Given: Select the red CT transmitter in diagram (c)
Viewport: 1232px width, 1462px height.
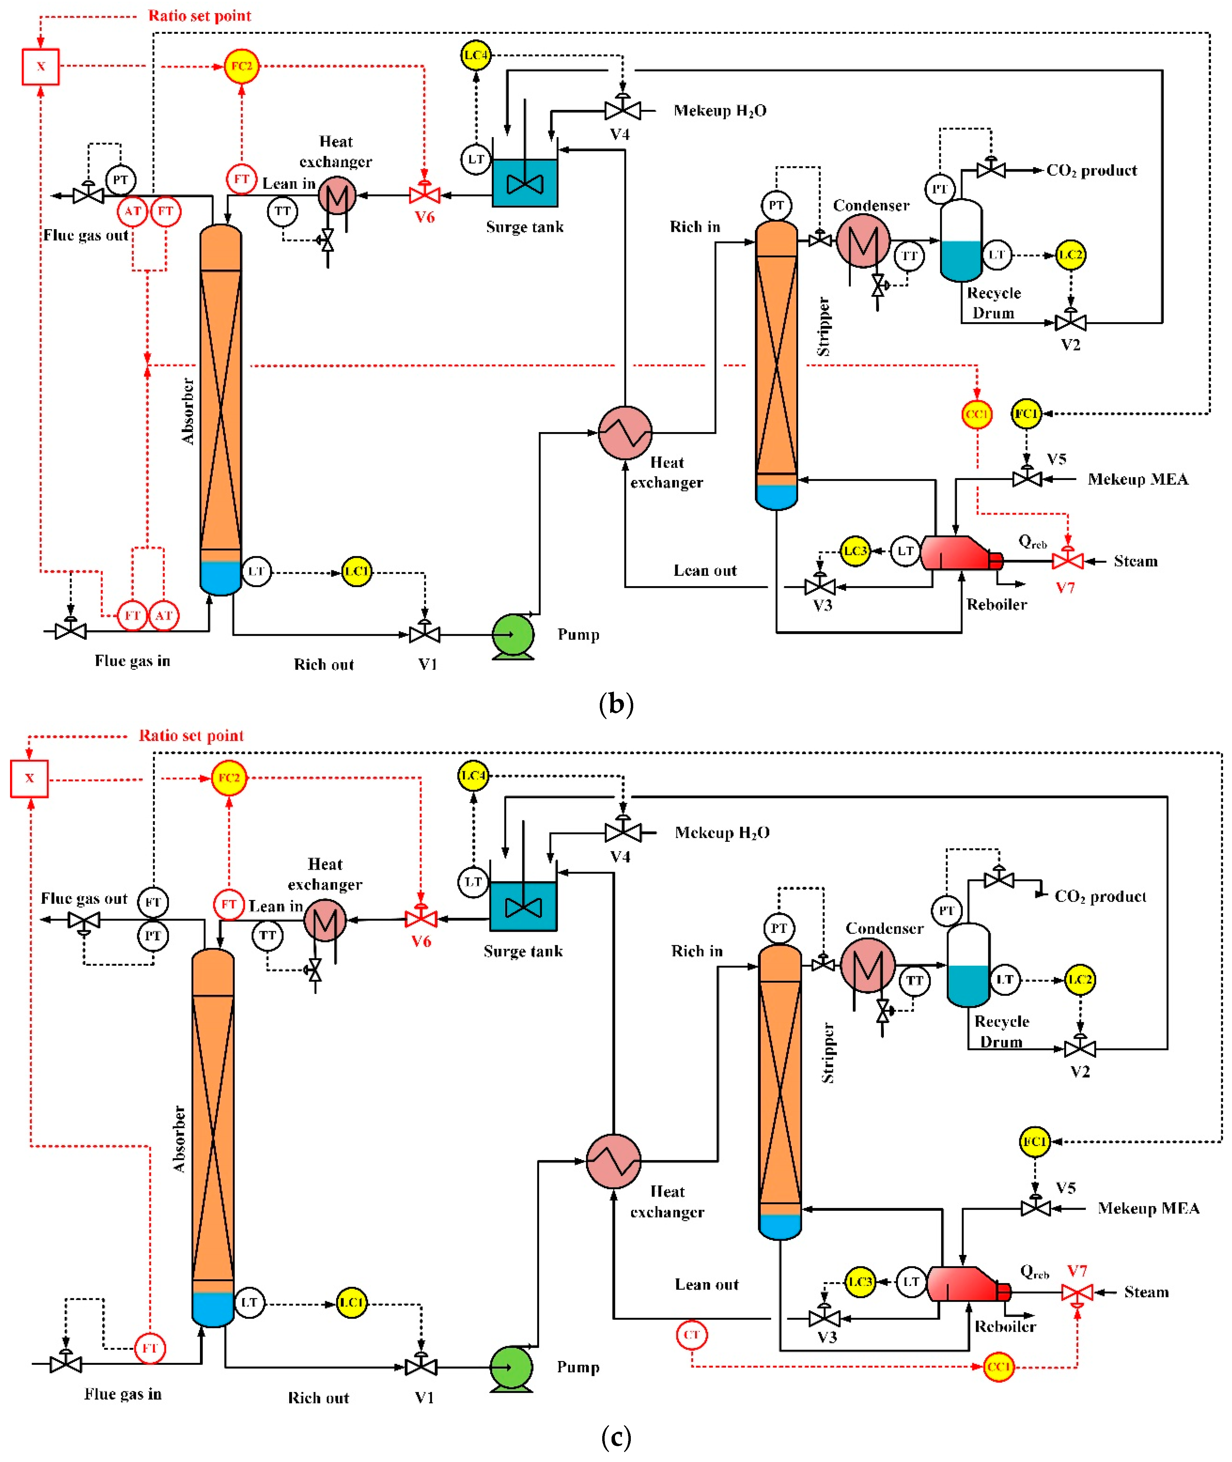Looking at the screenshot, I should tap(691, 1334).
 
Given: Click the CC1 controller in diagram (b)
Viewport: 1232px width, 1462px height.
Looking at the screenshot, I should tap(976, 414).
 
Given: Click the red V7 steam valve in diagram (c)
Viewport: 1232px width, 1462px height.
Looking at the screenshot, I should tap(1077, 1292).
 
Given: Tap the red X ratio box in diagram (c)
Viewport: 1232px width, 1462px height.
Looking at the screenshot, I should tap(29, 778).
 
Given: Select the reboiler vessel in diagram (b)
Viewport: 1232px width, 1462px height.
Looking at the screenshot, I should tap(956, 553).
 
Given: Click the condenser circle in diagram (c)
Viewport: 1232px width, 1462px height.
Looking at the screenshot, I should tap(867, 965).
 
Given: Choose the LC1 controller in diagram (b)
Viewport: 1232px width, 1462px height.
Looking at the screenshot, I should tap(356, 571).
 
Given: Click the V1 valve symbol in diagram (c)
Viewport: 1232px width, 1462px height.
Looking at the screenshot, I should tap(421, 1366).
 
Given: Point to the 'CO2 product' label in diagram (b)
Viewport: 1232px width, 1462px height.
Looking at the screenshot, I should tap(1091, 170).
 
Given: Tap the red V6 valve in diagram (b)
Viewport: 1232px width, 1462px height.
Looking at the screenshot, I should tap(424, 195).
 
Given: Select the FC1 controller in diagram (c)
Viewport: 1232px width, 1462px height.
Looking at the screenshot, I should tap(1034, 1142).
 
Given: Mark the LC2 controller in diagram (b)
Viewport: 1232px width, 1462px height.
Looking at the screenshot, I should tap(1070, 255).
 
